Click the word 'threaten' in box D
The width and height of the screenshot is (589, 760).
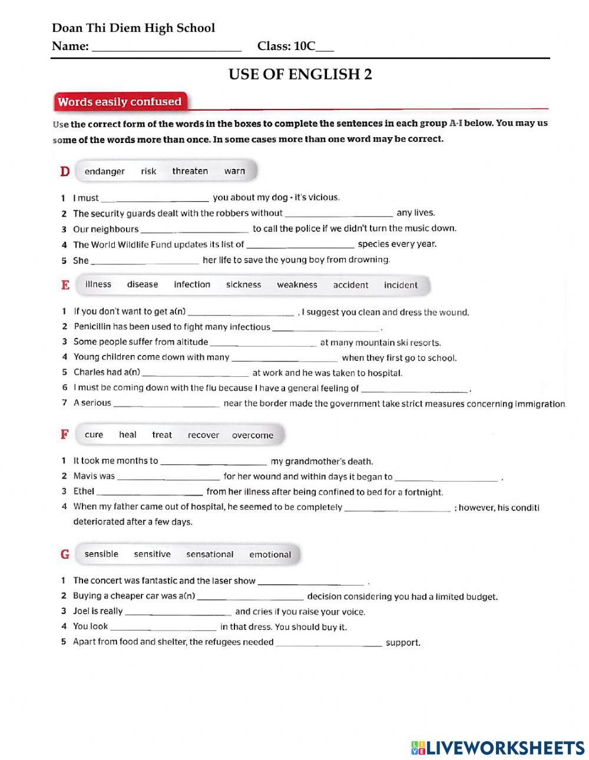pos(190,171)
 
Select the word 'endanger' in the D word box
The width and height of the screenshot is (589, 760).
pos(104,171)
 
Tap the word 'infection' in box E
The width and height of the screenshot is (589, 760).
pos(192,285)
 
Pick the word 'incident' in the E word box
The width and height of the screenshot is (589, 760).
pos(401,285)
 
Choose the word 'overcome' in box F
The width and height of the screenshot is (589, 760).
pos(252,436)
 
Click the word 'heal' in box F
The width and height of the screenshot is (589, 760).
pos(127,435)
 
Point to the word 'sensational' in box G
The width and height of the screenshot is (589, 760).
pos(210,555)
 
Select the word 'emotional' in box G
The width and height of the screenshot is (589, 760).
pos(270,555)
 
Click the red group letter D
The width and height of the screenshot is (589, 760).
pos(65,171)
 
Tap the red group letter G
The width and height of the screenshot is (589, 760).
pos(65,555)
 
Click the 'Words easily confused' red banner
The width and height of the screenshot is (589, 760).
pos(120,102)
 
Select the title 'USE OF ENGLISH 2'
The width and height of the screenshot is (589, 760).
pos(300,74)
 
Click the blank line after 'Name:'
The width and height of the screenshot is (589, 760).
pos(167,47)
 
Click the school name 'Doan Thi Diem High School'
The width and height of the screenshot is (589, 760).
pos(133,28)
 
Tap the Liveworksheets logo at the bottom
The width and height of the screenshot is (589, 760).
pos(497,747)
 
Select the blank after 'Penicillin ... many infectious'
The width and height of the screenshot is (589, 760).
pos(326,328)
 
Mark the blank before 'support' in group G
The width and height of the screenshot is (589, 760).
pos(329,643)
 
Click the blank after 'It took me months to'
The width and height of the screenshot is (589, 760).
pos(213,462)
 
